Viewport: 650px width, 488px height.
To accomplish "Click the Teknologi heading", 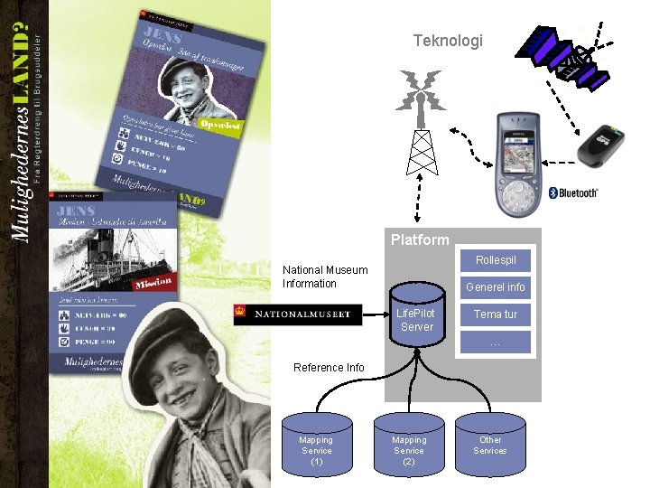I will (448, 41).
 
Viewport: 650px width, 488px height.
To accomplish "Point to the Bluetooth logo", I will (574, 192).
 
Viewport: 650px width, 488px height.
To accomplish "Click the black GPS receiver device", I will (606, 145).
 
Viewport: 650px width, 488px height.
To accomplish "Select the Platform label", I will (420, 240).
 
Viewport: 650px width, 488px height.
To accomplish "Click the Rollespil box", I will (496, 260).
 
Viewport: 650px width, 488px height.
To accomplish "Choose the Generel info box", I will (495, 287).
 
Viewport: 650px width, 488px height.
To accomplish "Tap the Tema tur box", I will (496, 314).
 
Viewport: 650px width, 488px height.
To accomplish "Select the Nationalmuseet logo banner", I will (297, 314).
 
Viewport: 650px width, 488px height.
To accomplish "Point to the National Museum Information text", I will (325, 277).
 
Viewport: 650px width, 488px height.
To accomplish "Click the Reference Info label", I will (329, 367).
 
